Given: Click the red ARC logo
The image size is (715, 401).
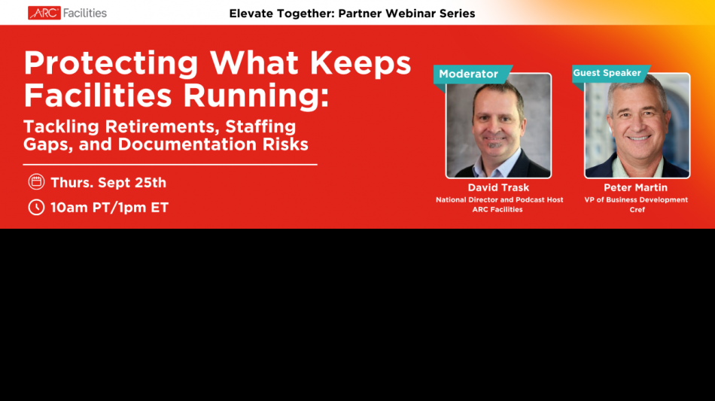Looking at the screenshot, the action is pos(44,14).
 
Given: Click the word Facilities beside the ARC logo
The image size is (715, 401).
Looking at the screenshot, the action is pos(85,14).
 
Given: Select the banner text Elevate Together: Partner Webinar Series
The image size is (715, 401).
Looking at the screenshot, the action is pos(352,14).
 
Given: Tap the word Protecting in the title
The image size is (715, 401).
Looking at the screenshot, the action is pos(111,63).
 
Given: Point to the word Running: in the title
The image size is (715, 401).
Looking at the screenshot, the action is pos(256,96).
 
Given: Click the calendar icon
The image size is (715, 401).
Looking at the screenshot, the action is pos(36,182).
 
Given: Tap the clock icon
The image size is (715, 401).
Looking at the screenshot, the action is pos(36,208).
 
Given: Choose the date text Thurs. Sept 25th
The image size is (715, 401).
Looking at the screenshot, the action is pos(108,183).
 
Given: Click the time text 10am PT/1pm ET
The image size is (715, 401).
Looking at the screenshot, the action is pos(109,208).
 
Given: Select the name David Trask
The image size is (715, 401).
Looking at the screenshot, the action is pos(498,187).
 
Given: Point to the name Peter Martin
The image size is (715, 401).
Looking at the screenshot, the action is pos(636,187).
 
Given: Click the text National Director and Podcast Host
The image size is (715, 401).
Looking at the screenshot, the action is pos(499,199).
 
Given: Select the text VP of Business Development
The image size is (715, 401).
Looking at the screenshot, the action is pos(636,199).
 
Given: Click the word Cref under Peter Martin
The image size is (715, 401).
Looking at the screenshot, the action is pos(637,210).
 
